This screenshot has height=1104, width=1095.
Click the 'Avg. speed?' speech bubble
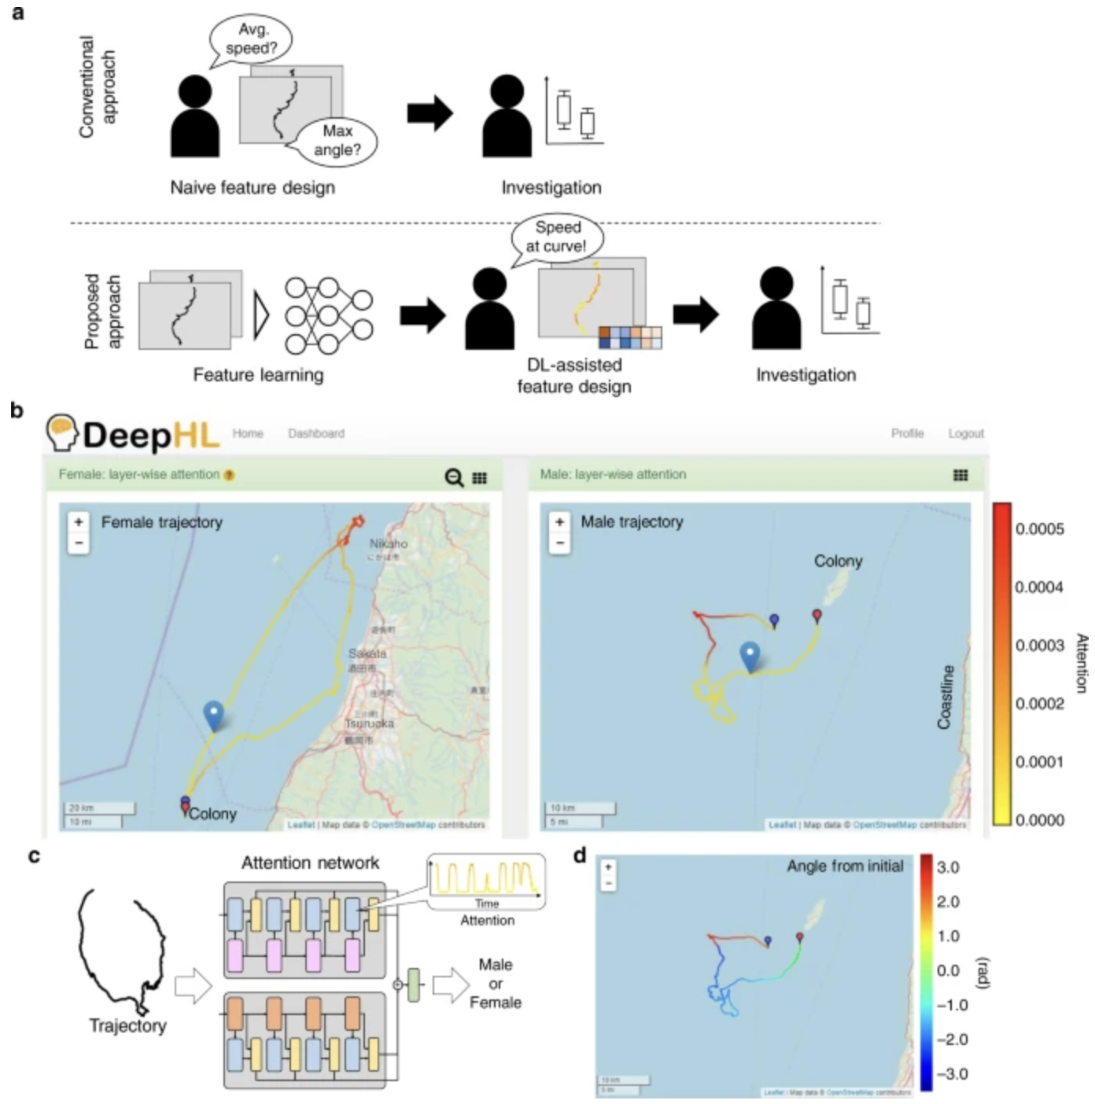(x=251, y=39)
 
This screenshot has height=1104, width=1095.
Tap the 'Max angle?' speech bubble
(x=337, y=141)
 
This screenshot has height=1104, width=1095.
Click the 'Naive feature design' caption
(x=253, y=188)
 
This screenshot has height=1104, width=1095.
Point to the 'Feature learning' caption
(x=258, y=375)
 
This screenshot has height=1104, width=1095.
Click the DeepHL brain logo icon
(x=61, y=432)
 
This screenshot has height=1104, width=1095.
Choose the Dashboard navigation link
(x=316, y=433)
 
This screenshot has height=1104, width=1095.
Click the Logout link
(x=965, y=433)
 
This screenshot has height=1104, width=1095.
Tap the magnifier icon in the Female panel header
(x=454, y=477)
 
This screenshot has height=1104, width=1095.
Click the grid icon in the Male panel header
(x=960, y=475)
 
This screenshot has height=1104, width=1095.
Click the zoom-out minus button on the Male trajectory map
(x=559, y=543)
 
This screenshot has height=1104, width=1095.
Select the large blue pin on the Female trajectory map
(x=213, y=714)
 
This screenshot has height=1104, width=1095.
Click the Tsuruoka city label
(x=369, y=723)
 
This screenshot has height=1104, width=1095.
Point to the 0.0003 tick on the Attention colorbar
(x=1038, y=646)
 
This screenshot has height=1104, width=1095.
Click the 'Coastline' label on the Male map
(x=946, y=697)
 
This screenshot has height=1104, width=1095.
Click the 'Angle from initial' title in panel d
(x=845, y=867)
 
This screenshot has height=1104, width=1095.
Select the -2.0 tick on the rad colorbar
(x=951, y=1040)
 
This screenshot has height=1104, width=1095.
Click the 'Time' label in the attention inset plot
(x=487, y=904)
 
